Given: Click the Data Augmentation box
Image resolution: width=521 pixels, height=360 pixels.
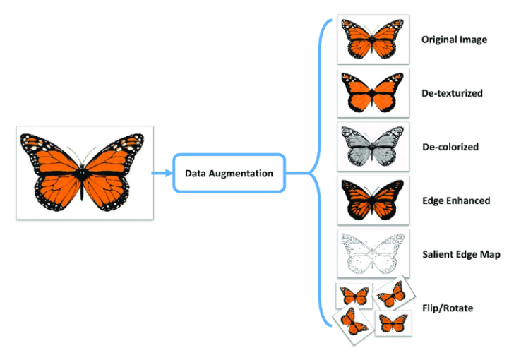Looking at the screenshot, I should coord(229,173).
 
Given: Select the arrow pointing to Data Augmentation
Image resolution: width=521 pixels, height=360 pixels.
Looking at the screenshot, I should coord(160,172).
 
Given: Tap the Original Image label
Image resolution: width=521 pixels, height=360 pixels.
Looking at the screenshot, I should coord(454,40).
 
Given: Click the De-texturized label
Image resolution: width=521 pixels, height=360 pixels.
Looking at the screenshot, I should coord(453,93).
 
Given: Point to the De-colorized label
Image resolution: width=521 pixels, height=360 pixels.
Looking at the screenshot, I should coord(450,147).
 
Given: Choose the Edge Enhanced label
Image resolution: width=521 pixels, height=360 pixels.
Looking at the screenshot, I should coord(455,201).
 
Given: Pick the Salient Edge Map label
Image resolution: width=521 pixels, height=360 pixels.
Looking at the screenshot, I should coord(461,254).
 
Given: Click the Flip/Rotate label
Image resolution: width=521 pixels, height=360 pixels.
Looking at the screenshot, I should coord(448,308).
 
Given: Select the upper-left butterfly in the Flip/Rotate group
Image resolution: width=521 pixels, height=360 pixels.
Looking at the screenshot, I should coord(353,295).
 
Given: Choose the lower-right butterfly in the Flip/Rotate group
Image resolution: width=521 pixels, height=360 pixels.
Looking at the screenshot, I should coord(393,323).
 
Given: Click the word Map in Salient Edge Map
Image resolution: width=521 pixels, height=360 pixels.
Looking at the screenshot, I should coord(490,254).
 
